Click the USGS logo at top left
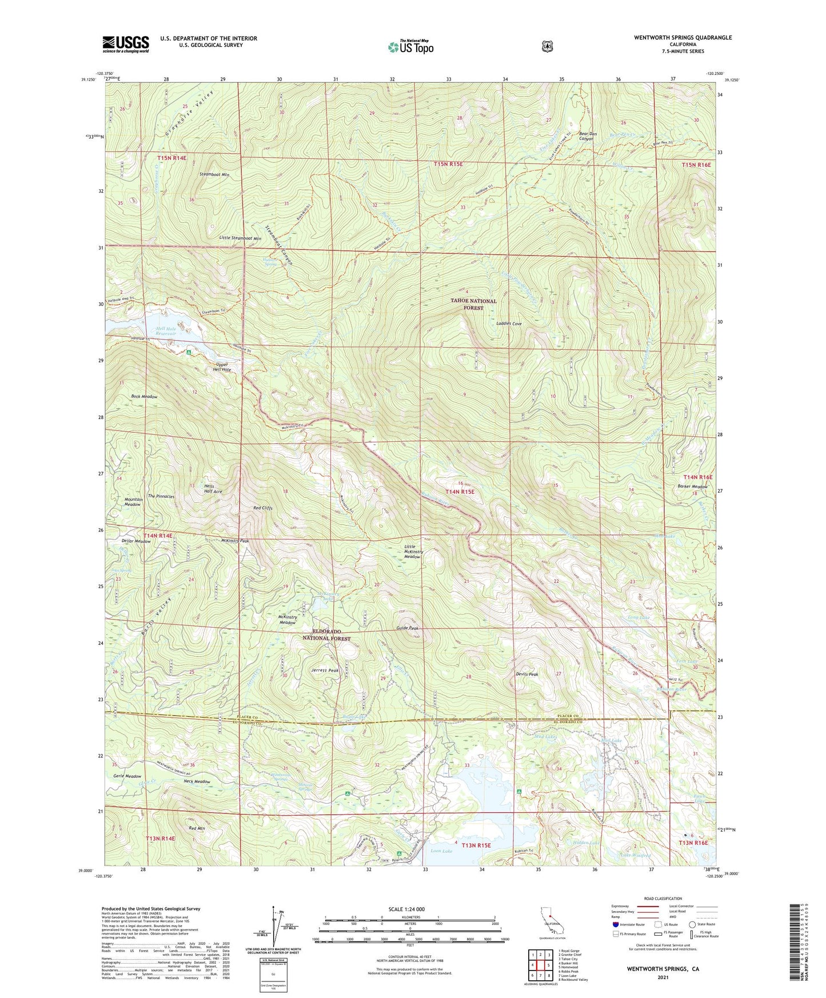pos(125,44)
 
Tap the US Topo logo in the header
pos(410,47)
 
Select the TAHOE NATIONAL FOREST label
pos(473,304)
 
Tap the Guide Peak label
pos(407,628)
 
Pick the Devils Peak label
pos(526,674)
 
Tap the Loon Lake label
pos(441,851)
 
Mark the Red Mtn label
pos(196,828)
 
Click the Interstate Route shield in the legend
pos(615,924)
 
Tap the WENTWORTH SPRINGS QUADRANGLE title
pos(683,38)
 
